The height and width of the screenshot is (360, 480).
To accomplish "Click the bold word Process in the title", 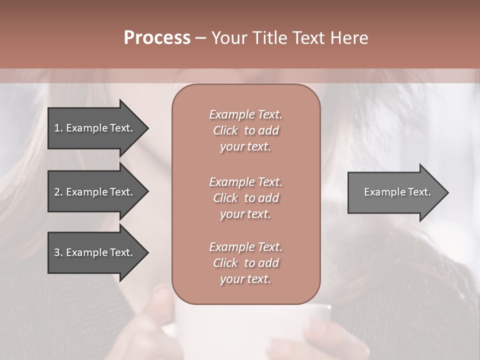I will [x=157, y=38].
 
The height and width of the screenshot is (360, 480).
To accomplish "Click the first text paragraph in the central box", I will [x=245, y=130].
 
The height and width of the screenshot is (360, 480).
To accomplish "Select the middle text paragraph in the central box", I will [x=245, y=197].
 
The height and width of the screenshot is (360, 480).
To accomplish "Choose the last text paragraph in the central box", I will [x=245, y=263].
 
